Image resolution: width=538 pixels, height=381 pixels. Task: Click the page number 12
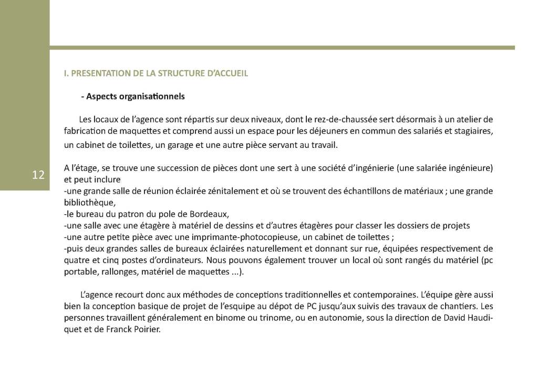(x=38, y=175)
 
